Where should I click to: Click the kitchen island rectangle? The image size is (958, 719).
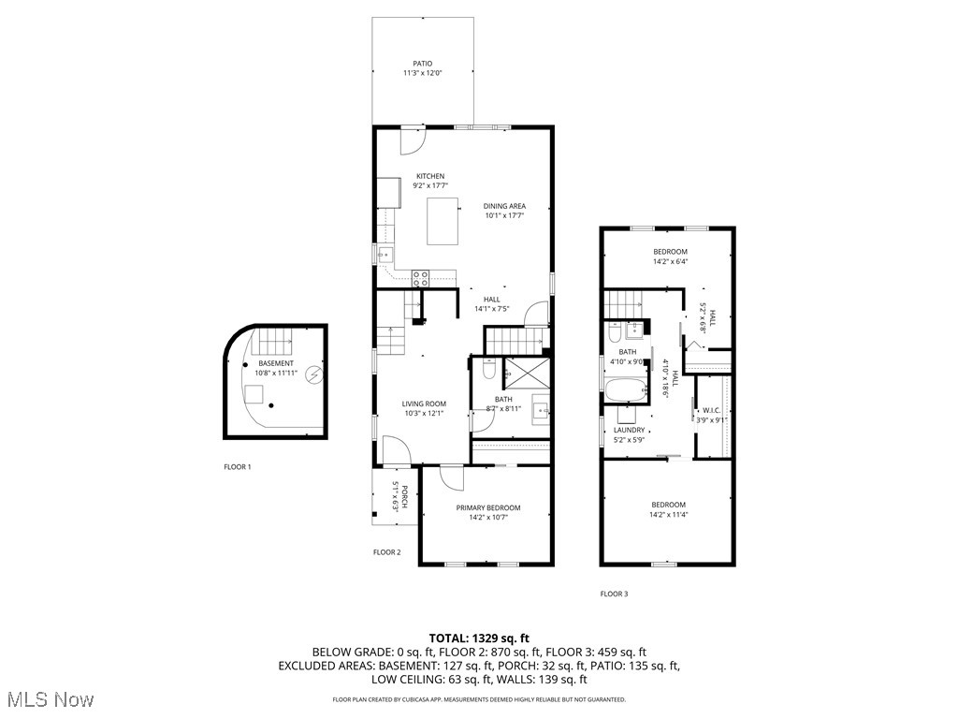[x=443, y=220]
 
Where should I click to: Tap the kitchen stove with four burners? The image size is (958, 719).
[x=420, y=277]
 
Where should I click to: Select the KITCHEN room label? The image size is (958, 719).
[x=430, y=176]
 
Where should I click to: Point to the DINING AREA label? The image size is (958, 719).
[x=504, y=206]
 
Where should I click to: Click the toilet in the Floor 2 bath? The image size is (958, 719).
[x=487, y=372]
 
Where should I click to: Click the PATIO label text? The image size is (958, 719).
[x=423, y=64]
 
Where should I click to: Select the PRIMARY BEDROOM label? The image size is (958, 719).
[x=487, y=507]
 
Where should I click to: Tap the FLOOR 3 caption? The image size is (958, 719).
[x=614, y=594]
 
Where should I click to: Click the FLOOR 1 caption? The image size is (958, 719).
[x=237, y=466]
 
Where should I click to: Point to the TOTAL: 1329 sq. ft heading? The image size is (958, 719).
[x=478, y=638]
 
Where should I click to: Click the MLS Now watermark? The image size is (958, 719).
[x=49, y=699]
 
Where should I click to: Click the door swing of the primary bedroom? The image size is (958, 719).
[x=451, y=477]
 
